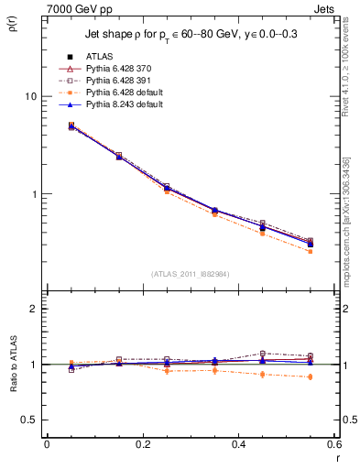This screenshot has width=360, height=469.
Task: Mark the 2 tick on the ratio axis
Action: (x=33, y=309)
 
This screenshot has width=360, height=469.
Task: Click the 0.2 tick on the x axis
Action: (x=142, y=444)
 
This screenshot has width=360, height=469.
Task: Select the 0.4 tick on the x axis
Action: (x=238, y=444)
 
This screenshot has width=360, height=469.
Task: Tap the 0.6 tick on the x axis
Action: (x=333, y=444)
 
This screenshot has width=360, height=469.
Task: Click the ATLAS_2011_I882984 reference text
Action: (x=191, y=273)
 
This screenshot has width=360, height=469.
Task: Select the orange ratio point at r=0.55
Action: (x=310, y=376)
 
